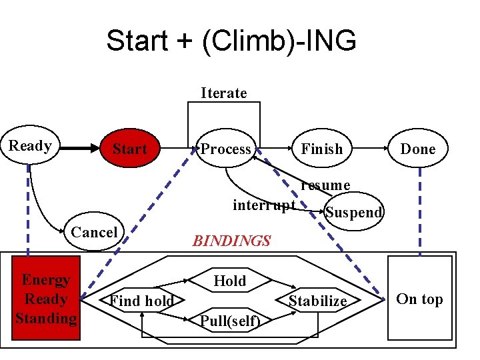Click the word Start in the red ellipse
[x=129, y=149]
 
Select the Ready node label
[x=30, y=146]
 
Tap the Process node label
[x=226, y=149]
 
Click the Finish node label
[x=321, y=149]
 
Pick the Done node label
[x=417, y=149]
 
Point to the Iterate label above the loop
[x=224, y=93]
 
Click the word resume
[x=325, y=185]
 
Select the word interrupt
[x=264, y=205]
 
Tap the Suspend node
[x=353, y=212]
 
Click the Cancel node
[x=94, y=232]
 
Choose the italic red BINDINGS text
[x=231, y=241]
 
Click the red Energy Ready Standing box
[x=46, y=299]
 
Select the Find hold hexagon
[x=142, y=301]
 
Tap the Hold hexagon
[x=230, y=281]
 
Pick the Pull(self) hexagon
[x=230, y=321]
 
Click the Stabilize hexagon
[x=318, y=301]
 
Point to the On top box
[x=419, y=299]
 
